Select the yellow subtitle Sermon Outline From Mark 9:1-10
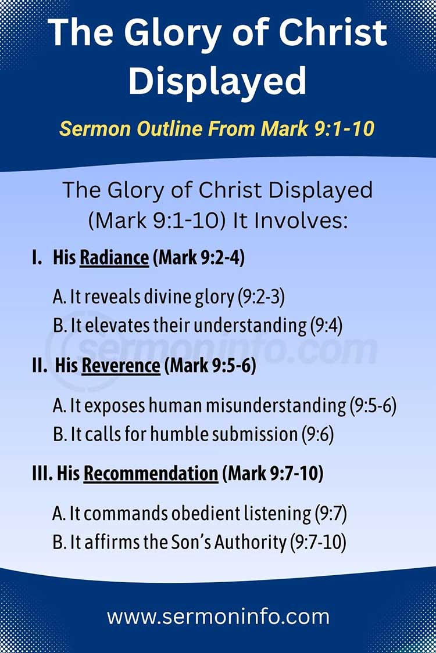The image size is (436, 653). point(217,128)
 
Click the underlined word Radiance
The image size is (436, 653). point(114,258)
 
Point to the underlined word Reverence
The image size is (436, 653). point(121,366)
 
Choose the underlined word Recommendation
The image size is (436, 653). point(151,474)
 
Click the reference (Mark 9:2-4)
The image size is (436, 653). point(198,258)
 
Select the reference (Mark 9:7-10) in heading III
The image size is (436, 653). point(273,474)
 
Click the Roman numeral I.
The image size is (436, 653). point(37,258)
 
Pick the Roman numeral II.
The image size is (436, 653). point(39,366)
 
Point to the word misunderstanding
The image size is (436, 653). point(276,406)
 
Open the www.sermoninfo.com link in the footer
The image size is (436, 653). point(218,616)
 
